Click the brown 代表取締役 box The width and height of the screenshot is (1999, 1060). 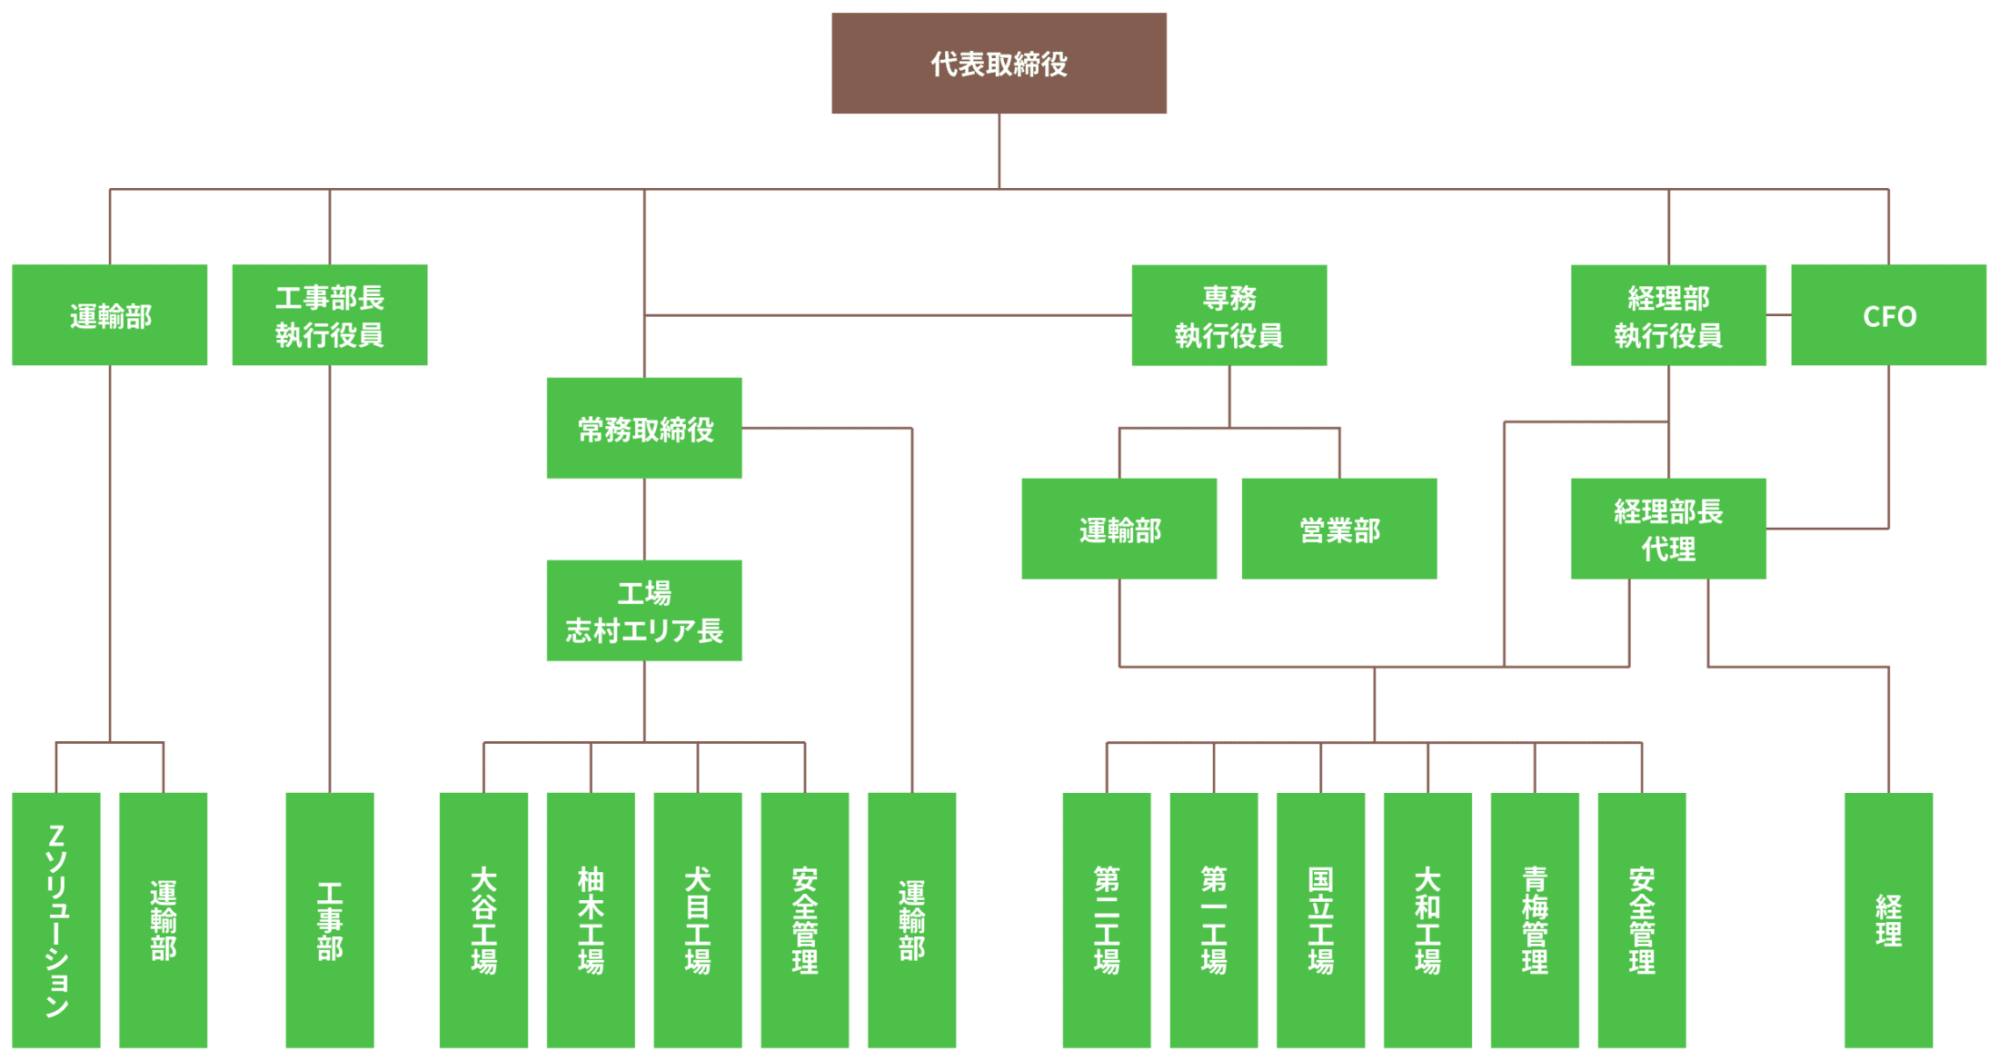click(x=999, y=64)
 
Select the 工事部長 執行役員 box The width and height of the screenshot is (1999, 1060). click(x=329, y=315)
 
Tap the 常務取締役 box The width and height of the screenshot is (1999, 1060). click(x=644, y=428)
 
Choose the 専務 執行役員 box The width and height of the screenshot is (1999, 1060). click(x=1228, y=315)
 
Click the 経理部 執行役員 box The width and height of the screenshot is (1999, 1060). click(x=1668, y=315)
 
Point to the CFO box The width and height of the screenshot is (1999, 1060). click(x=1888, y=315)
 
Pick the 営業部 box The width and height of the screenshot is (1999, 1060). click(x=1338, y=529)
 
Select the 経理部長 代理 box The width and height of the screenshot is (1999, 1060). click(x=1668, y=529)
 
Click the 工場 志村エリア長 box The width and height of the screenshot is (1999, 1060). click(x=644, y=610)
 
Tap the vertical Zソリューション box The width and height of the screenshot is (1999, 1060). click(x=56, y=920)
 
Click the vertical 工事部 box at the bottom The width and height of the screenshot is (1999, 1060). click(x=330, y=920)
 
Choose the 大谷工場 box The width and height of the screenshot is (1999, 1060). click(x=483, y=920)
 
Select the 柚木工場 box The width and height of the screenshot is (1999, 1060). click(x=591, y=920)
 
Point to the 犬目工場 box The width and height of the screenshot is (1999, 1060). click(x=698, y=920)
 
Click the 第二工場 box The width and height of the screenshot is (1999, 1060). click(x=1107, y=920)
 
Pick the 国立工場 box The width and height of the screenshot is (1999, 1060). click(x=1320, y=920)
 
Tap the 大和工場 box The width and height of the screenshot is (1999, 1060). click(x=1427, y=920)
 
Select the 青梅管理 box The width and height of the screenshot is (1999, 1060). click(x=1535, y=920)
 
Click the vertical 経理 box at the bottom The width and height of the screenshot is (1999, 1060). click(x=1888, y=920)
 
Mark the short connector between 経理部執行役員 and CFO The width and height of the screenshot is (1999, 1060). click(x=1779, y=315)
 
